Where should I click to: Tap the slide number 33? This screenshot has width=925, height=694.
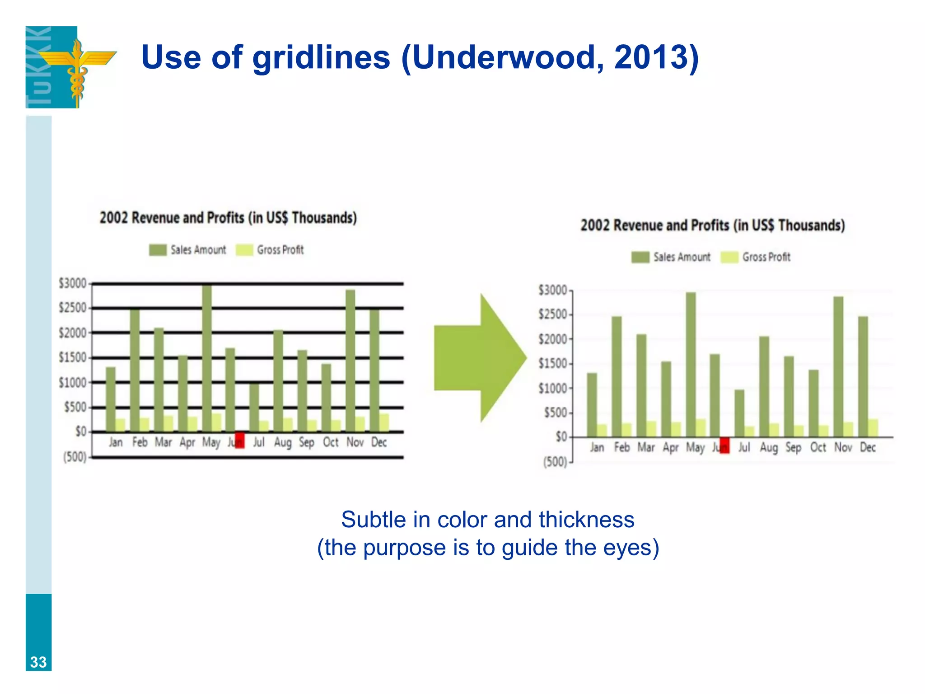[38, 662]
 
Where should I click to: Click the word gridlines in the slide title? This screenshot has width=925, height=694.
[321, 57]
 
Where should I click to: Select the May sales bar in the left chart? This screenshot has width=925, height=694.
[207, 357]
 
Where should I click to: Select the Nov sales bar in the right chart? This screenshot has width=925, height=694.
[838, 366]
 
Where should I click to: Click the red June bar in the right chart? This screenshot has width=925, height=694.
[724, 445]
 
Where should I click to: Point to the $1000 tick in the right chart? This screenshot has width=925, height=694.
[554, 389]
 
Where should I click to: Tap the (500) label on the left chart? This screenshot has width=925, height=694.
[75, 457]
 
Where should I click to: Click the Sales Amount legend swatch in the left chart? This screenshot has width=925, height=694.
[158, 250]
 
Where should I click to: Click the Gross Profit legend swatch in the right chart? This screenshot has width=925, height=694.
[729, 257]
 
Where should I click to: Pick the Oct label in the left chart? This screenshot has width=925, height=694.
[331, 442]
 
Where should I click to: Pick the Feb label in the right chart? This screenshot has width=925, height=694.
[622, 447]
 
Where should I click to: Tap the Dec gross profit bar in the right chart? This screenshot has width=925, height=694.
[873, 428]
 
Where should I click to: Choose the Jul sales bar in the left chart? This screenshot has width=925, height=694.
[254, 407]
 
